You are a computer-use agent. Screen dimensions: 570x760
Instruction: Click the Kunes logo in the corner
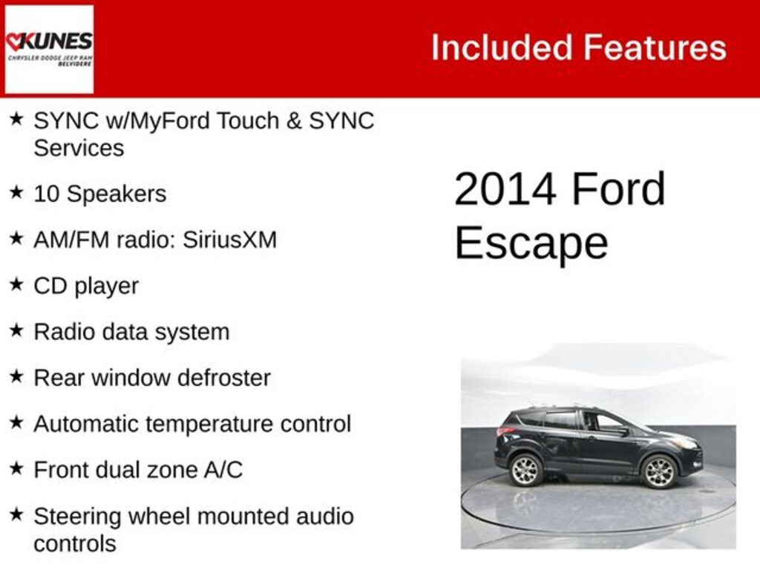click(49, 49)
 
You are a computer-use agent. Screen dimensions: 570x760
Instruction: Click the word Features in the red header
click(654, 48)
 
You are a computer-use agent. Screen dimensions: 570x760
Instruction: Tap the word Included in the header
click(501, 48)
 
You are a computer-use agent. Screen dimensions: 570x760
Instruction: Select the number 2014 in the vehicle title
click(505, 189)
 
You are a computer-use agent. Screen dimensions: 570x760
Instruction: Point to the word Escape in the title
click(531, 243)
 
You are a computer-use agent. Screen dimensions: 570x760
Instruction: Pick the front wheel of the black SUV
click(658, 472)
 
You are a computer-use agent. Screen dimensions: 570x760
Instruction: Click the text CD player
click(86, 286)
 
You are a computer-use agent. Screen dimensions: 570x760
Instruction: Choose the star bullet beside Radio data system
click(16, 331)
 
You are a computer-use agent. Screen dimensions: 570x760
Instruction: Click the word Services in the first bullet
click(79, 148)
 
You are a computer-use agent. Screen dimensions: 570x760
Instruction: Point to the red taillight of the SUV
click(505, 431)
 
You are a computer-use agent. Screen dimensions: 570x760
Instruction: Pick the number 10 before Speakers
click(47, 194)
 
